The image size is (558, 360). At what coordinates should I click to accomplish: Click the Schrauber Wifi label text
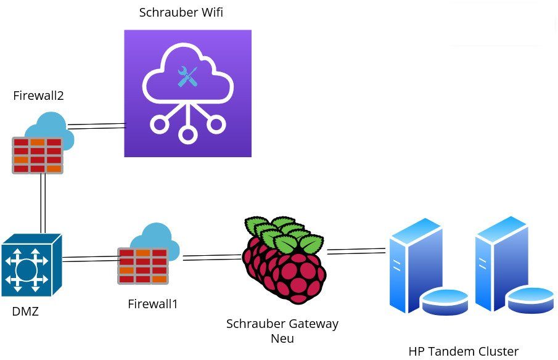[x=181, y=12]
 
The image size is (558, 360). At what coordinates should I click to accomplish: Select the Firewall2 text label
[x=38, y=96]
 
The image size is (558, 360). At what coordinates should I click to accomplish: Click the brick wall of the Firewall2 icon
[x=38, y=155]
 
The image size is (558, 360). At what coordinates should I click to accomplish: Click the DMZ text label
[x=25, y=311]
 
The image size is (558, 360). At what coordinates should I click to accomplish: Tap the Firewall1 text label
[x=152, y=304]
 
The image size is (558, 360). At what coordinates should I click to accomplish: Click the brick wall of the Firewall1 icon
[x=142, y=266]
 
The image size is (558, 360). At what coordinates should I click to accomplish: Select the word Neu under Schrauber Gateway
[x=282, y=338]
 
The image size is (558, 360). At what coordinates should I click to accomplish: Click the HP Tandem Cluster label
[x=463, y=351]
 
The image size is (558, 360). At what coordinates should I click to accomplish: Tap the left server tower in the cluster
[x=417, y=265]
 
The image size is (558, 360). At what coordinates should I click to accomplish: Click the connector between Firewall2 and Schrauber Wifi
[x=96, y=126]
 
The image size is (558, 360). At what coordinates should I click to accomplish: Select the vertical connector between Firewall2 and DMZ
[x=43, y=203]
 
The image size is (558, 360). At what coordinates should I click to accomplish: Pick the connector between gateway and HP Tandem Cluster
[x=356, y=251]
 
